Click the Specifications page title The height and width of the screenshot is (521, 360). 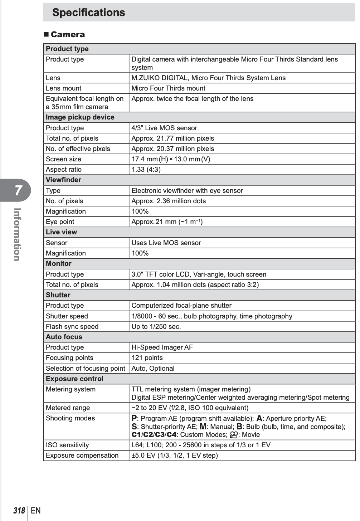(89, 13)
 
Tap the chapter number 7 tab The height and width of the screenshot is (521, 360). (18, 190)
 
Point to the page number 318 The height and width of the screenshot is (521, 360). (19, 511)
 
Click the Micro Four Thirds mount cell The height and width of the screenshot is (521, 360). (168, 88)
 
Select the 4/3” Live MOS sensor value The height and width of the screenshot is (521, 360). (164, 128)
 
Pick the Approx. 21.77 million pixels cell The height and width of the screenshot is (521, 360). (172, 138)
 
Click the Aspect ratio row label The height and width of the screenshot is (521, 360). (64, 170)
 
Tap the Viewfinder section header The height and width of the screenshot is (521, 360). (63, 180)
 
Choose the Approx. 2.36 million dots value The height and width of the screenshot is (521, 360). (169, 201)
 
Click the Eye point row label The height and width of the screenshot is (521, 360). (60, 222)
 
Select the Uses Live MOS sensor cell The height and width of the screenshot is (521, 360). (166, 243)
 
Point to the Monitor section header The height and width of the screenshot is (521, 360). (59, 264)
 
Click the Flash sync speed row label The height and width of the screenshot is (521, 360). (72, 327)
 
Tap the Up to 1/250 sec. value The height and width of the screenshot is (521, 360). (156, 327)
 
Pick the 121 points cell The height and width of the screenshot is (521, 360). (147, 358)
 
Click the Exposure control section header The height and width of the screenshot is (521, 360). (74, 379)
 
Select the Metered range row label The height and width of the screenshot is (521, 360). (68, 408)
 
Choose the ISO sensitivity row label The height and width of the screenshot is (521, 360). (67, 445)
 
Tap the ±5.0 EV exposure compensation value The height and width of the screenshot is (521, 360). (175, 456)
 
